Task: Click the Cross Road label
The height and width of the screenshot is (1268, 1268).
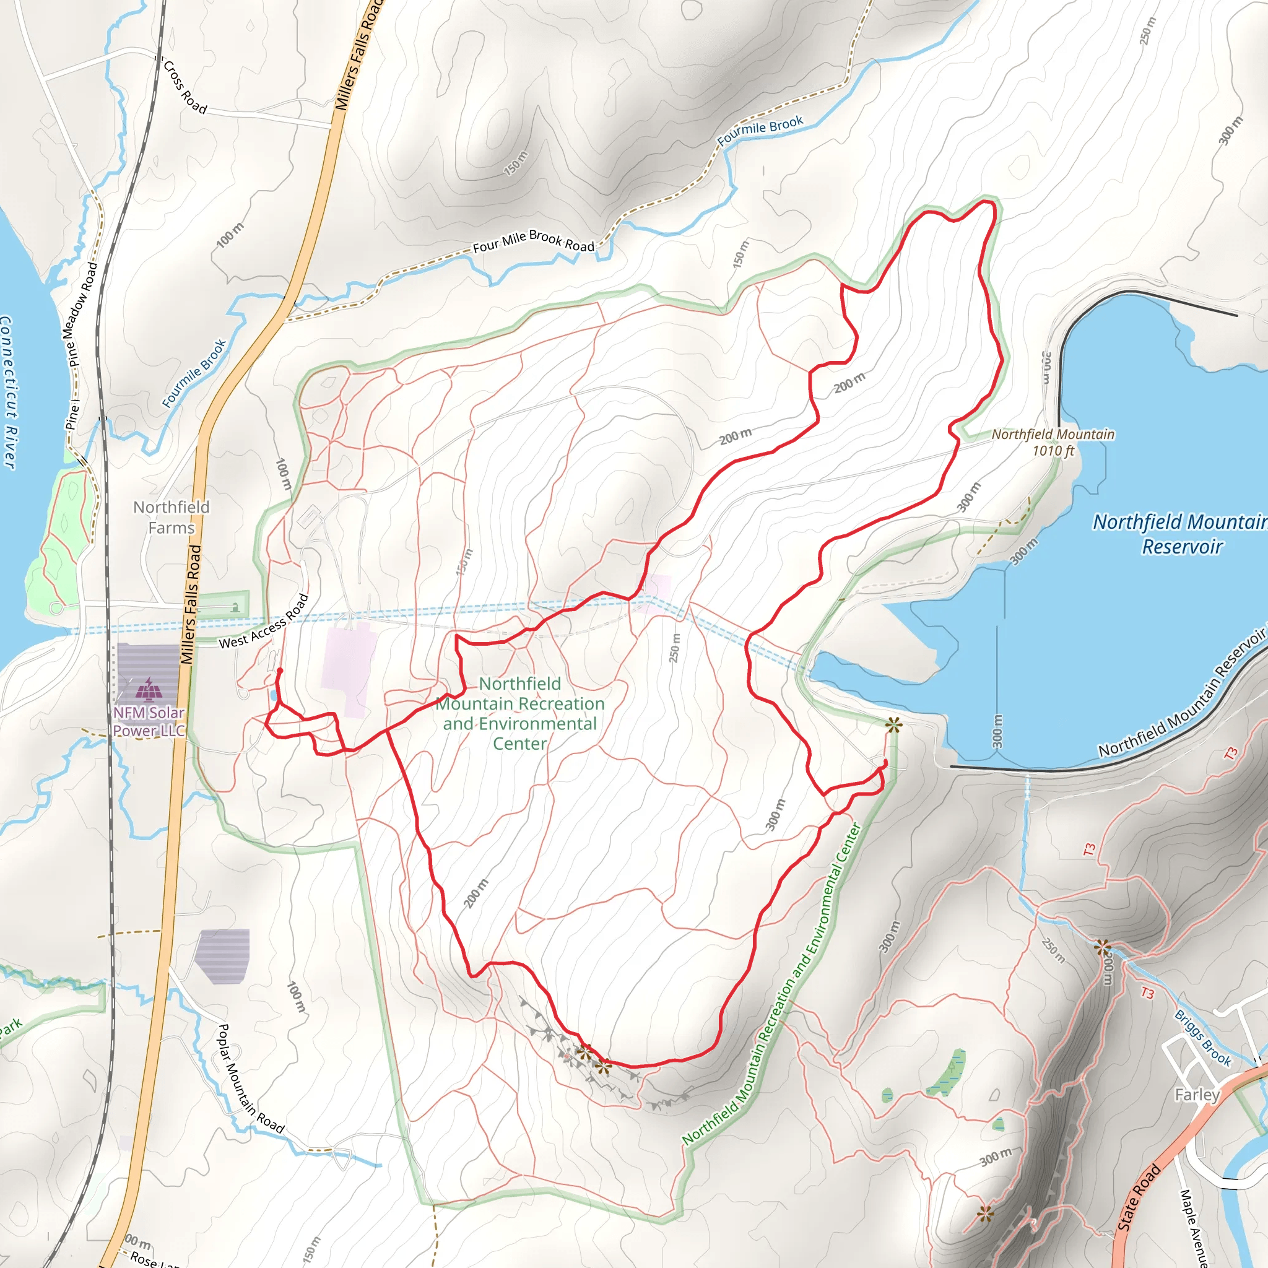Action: coord(185,87)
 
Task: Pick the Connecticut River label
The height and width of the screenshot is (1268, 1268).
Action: coord(7,392)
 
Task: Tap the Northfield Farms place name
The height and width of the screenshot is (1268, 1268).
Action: coord(172,517)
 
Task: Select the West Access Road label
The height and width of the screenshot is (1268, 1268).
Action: coord(263,622)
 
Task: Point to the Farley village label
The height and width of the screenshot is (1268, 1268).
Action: coord(1197,1095)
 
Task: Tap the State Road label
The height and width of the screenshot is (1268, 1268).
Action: coord(1139,1196)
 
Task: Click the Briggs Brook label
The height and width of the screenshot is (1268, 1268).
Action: coord(1202,1038)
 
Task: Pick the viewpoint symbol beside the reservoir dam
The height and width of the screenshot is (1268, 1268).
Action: coord(893,724)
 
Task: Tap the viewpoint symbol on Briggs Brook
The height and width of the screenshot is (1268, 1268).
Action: coord(1102,947)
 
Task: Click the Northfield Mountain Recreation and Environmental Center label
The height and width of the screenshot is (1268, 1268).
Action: coord(520,713)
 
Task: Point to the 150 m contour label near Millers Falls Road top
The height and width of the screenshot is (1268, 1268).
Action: coord(516,163)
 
